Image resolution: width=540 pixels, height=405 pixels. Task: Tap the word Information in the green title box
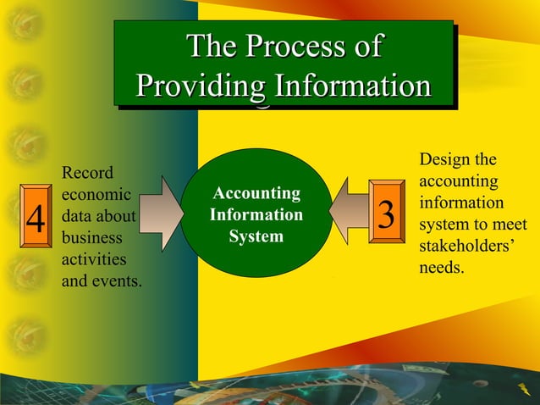coord(350,86)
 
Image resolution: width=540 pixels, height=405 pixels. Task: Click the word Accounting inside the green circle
coord(256,193)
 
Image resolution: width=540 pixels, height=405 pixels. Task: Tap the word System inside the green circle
coord(256,236)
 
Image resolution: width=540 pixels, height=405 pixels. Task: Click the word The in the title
coord(207,46)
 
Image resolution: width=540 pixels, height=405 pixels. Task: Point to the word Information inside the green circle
coord(256,215)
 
